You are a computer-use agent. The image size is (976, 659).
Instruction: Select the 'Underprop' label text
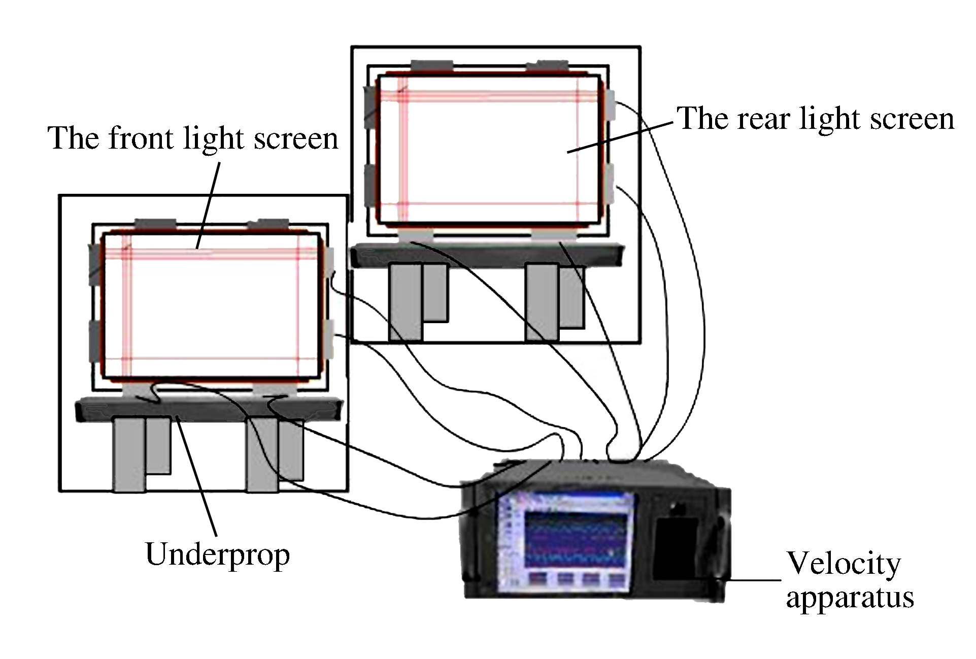(217, 555)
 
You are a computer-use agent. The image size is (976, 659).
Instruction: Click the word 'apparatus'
(850, 598)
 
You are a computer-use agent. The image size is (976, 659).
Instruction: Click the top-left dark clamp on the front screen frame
(155, 224)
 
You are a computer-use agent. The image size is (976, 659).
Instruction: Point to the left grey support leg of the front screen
(129, 453)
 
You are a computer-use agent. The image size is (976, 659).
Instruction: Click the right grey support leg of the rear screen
(543, 301)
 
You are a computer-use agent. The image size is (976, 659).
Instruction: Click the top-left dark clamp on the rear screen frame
(431, 66)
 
